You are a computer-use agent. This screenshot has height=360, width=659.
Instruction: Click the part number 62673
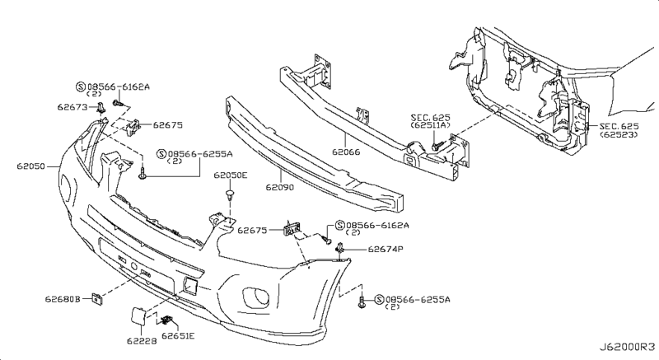click(74, 106)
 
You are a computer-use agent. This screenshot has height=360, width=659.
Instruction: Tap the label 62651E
click(179, 336)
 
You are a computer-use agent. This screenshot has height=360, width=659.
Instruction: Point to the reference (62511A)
click(431, 126)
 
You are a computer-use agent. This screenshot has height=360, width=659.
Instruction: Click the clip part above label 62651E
click(168, 320)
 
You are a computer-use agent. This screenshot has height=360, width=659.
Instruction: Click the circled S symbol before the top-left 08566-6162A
click(80, 85)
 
